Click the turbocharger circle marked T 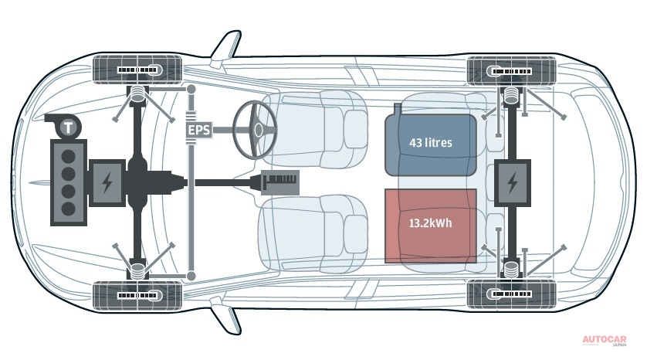69,127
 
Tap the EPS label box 199,130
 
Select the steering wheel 255,130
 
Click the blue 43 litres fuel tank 430,144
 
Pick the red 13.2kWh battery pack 430,226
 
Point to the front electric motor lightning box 107,182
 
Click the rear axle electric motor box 512,183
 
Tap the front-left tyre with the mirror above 137,70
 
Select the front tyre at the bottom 137,296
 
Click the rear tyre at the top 511,71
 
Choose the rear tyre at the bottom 511,294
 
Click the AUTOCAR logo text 605,339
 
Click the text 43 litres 430,143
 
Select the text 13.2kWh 430,223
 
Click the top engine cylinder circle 69,157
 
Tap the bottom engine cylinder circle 69,209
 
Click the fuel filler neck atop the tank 398,109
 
